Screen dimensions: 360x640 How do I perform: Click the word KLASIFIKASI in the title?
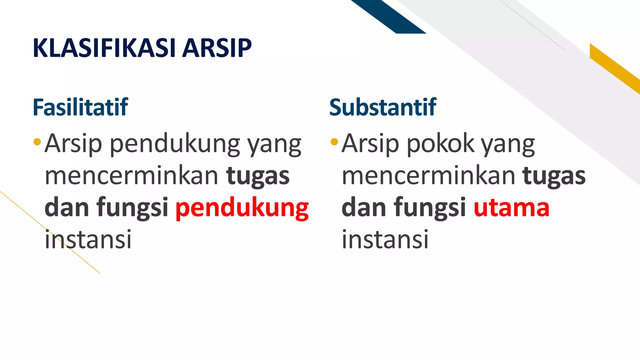click(105, 48)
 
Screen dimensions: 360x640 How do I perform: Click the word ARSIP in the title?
click(217, 48)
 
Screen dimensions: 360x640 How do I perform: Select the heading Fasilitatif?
click(80, 107)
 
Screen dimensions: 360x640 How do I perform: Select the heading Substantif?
click(382, 107)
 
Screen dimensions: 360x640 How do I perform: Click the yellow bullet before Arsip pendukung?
click(37, 142)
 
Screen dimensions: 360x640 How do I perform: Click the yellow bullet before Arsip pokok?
click(334, 142)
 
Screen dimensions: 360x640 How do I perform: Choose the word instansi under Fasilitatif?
click(88, 239)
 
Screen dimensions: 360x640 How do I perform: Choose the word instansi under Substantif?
click(385, 239)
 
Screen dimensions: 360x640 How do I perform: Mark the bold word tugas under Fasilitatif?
click(258, 176)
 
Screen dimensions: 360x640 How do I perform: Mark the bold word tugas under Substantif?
click(554, 176)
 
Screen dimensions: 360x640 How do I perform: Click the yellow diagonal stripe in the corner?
click(614, 67)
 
